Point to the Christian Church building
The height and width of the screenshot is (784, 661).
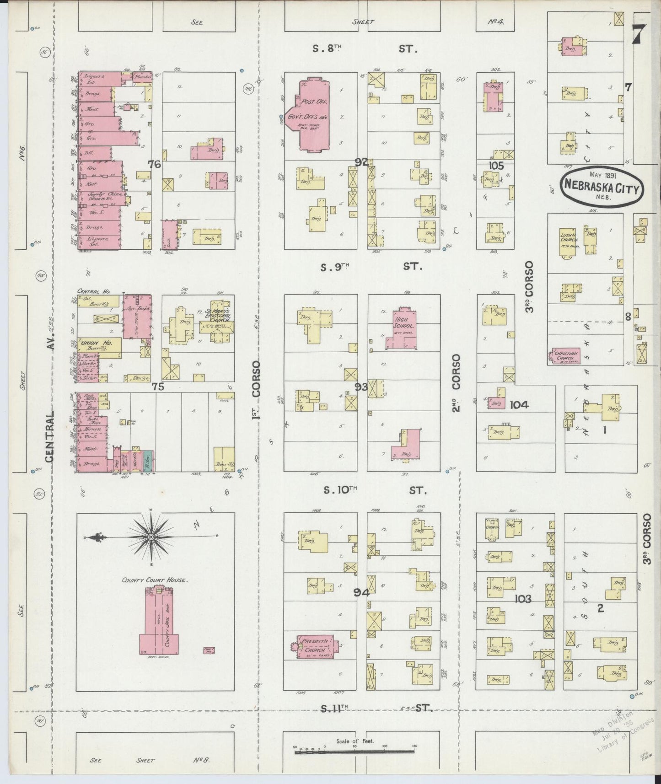click(x=566, y=356)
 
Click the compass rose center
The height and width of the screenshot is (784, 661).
click(x=151, y=536)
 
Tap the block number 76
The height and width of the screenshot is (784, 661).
click(x=155, y=164)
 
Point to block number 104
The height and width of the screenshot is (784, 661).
click(x=519, y=404)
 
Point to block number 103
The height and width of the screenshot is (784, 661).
click(x=522, y=599)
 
